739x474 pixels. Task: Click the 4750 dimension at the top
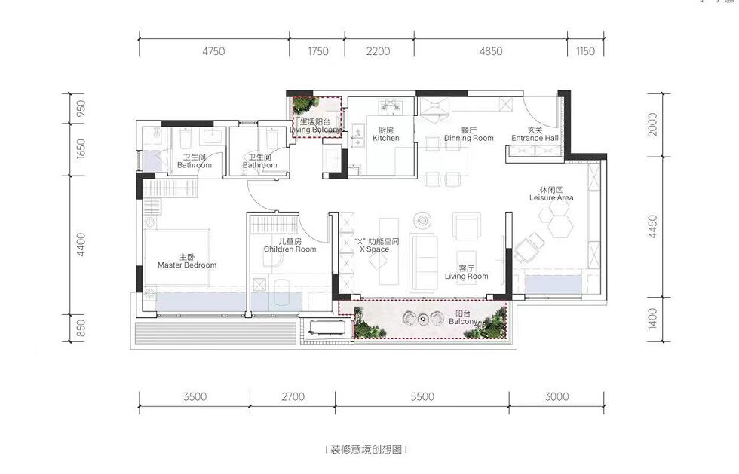[213, 51]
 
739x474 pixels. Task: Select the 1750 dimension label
[318, 51]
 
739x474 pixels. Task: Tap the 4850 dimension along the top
[490, 51]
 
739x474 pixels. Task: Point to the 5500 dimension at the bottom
[422, 396]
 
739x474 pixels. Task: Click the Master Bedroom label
[187, 261]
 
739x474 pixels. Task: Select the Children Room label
[290, 245]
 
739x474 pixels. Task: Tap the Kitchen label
[385, 134]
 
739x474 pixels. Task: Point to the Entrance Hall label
[535, 134]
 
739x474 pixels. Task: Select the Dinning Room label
[468, 134]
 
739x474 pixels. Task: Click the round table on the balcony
[424, 318]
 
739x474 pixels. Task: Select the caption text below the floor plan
[366, 450]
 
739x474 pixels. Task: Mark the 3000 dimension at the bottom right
[557, 396]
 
